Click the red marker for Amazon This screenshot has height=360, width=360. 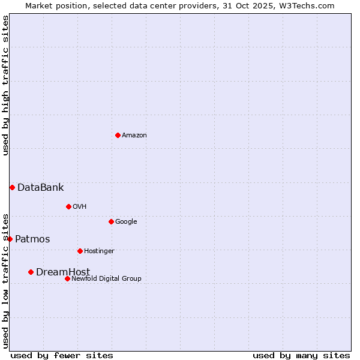(118, 135)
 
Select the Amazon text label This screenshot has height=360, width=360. (134, 136)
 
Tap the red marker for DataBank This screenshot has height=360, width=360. (12, 187)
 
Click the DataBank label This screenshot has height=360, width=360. (40, 188)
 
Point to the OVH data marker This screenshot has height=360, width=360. (68, 206)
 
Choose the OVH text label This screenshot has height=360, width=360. (80, 207)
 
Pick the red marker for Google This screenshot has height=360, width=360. (111, 221)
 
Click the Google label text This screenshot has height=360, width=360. (126, 222)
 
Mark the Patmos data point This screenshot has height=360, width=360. (10, 239)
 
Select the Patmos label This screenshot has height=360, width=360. (32, 239)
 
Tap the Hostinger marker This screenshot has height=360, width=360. (80, 251)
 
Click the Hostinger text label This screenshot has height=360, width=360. (99, 251)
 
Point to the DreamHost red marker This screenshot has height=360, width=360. (31, 272)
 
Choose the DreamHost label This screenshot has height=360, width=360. (63, 272)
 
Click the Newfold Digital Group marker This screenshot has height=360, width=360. (67, 278)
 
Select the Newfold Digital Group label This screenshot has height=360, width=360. (106, 279)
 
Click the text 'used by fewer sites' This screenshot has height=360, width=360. (62, 355)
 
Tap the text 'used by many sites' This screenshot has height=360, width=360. (301, 355)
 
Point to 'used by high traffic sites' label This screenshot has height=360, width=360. (6, 85)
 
